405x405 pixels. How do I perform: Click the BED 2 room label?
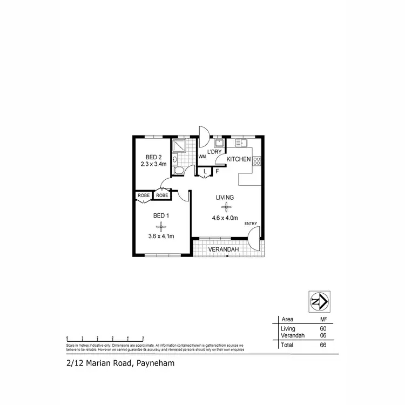(154, 157)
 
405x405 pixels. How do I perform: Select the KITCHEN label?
(238, 159)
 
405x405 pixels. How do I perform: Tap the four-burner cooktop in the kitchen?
(257, 160)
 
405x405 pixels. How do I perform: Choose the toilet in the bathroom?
(179, 171)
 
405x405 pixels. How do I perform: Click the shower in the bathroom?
(179, 146)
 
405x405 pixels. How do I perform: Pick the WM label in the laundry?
(202, 157)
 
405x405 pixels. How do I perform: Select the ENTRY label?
(251, 224)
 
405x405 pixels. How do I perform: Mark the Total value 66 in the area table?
(323, 344)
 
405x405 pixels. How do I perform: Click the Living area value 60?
(323, 328)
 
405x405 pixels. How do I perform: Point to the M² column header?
(323, 319)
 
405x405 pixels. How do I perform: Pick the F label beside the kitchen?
(217, 171)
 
